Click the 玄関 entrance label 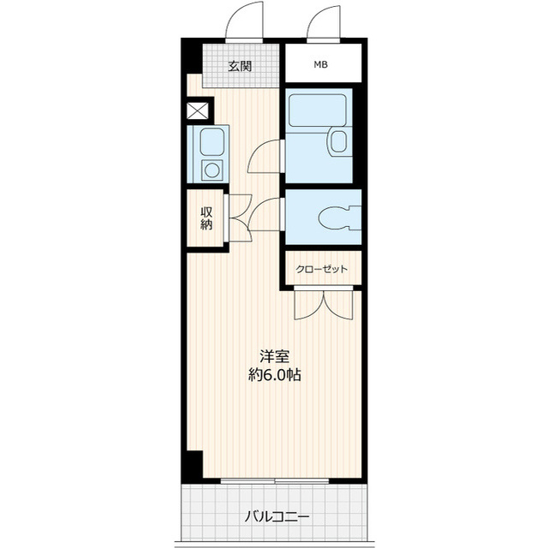(x=240, y=66)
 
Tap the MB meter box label (x=320, y=65)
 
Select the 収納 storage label (x=206, y=218)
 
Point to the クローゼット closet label (x=322, y=269)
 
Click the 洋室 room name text (x=274, y=356)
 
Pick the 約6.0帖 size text (x=275, y=375)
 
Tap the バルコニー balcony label (x=277, y=516)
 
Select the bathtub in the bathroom (x=318, y=110)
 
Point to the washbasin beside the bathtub (x=337, y=141)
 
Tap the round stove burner (x=211, y=170)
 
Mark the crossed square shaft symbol (x=198, y=110)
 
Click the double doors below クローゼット (x=324, y=305)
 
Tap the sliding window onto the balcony (x=275, y=481)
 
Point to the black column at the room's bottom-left (x=194, y=465)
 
